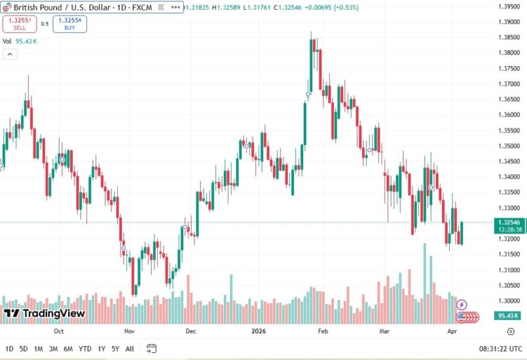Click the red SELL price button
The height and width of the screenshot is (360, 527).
[20, 24]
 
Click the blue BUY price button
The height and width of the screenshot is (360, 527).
[69, 24]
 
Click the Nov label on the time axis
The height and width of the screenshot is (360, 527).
[129, 331]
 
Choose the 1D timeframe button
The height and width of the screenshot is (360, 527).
[9, 348]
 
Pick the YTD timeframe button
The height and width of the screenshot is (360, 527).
[85, 348]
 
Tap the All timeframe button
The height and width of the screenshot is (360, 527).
[130, 348]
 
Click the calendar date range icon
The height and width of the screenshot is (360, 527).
[151, 348]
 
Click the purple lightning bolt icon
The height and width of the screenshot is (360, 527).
[462, 304]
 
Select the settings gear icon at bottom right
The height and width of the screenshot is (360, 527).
[511, 332]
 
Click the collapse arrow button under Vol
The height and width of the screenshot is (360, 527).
[10, 54]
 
